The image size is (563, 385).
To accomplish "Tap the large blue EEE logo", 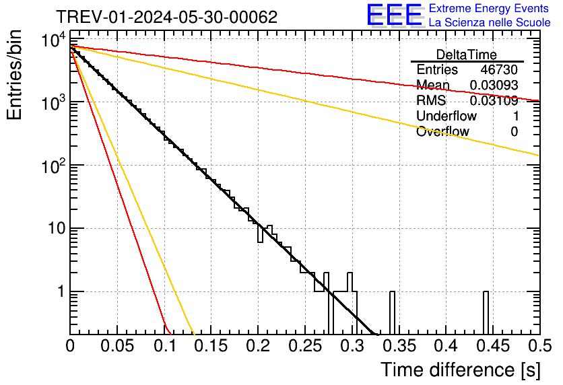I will [x=395, y=15].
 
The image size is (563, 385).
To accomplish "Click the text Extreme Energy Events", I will [x=489, y=9].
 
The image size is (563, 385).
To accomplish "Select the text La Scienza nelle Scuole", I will [x=489, y=23].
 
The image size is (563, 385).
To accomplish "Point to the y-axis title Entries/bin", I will [x=15, y=75].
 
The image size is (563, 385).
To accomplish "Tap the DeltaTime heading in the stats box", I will [x=467, y=55].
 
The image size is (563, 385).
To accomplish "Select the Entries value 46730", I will [x=499, y=70].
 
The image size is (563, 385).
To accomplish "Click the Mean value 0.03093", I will [x=494, y=85].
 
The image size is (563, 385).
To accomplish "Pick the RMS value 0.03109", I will [x=494, y=101].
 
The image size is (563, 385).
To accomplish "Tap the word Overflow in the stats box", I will [x=442, y=132].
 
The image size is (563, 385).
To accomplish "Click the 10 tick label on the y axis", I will [x=53, y=229].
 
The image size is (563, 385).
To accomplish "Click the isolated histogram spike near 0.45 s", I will [x=486, y=312].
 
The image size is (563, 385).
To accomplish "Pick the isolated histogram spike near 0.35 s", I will [x=393, y=312].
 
